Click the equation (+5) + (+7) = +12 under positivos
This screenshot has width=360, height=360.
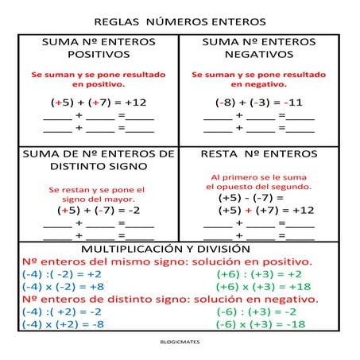pyautogui.click(x=99, y=102)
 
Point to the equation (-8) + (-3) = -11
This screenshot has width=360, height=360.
pyautogui.click(x=258, y=102)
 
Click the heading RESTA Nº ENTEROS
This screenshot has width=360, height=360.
pyautogui.click(x=258, y=153)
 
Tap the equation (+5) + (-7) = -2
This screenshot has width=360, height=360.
pyautogui.click(x=99, y=211)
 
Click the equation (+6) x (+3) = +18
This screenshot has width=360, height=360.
pyautogui.click(x=263, y=286)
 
